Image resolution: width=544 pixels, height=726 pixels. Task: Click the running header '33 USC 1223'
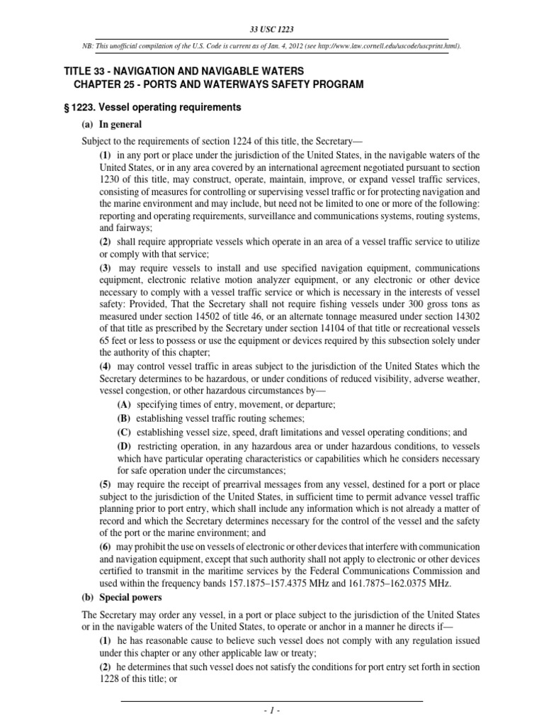pos(272,29)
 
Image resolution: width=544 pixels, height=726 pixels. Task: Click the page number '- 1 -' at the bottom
pos(272,710)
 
